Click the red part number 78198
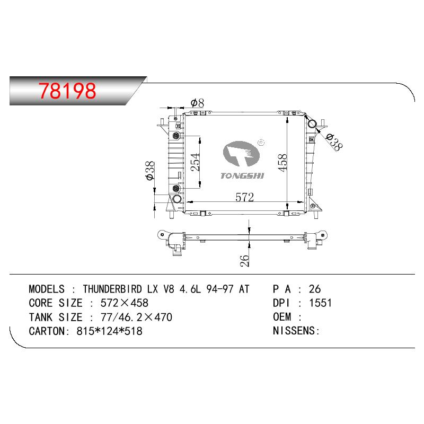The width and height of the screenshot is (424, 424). (67, 91)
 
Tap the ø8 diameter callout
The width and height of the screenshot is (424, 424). (197, 103)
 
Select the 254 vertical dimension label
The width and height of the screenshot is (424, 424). (196, 162)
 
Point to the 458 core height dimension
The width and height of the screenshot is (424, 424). (282, 163)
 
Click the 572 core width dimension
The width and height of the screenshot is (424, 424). (244, 197)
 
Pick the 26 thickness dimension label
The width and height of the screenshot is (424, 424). (244, 261)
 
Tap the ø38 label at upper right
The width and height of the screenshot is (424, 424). (334, 142)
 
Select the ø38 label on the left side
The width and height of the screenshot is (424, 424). (150, 171)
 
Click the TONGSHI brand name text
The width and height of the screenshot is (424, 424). (242, 176)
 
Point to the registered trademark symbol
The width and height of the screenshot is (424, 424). (261, 142)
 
